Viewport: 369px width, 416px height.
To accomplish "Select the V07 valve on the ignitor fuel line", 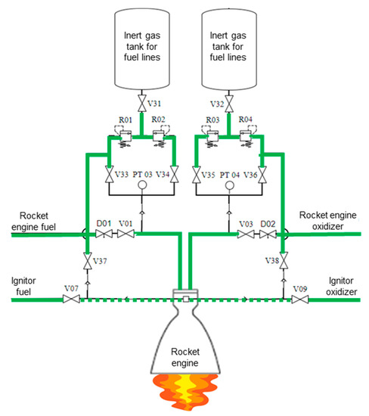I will (72, 300).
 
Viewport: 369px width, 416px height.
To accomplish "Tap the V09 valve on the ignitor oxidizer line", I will (299, 300).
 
